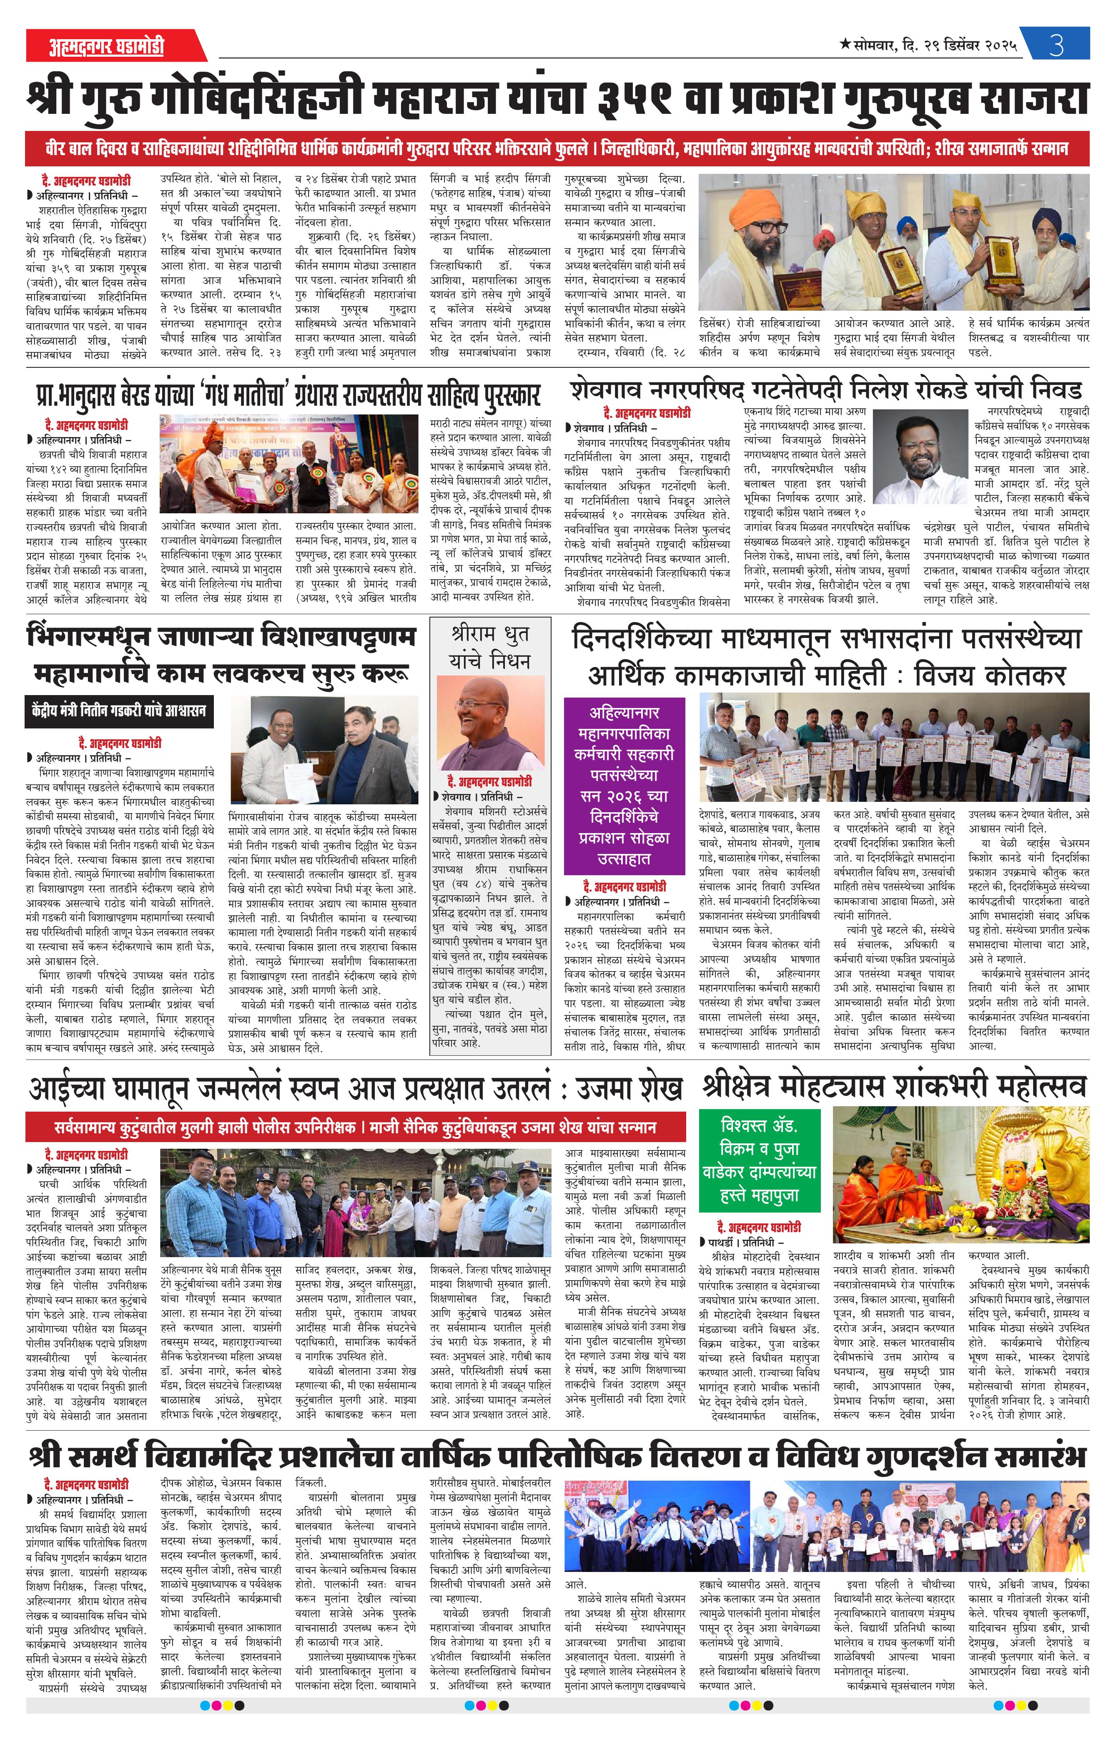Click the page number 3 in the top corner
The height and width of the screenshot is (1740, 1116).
pyautogui.click(x=1056, y=45)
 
